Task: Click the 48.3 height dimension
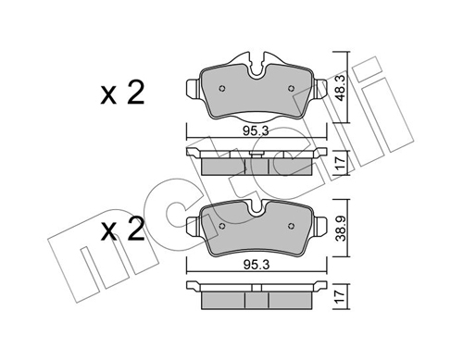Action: click(341, 87)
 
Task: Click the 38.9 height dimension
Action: click(341, 229)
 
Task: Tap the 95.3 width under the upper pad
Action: click(256, 131)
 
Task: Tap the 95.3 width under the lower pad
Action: click(257, 265)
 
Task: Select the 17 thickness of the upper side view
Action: click(340, 163)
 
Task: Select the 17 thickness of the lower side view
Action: click(340, 296)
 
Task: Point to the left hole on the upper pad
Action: click(221, 89)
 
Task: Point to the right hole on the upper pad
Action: click(291, 89)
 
